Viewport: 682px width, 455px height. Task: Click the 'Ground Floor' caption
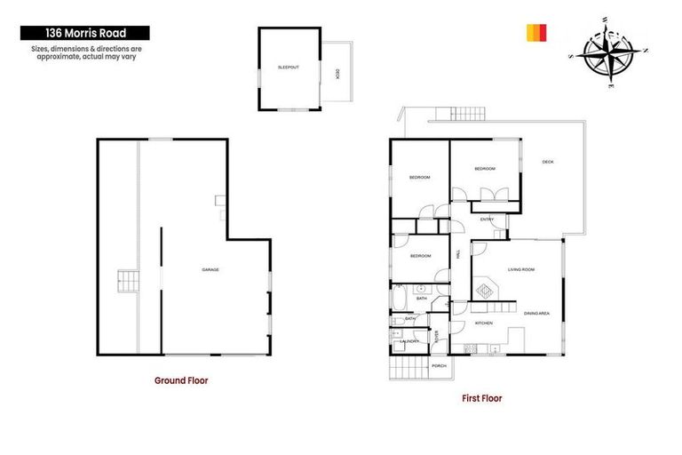tap(181, 379)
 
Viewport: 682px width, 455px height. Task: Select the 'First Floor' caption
tap(481, 398)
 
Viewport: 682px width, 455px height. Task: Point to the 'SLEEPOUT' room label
tap(288, 68)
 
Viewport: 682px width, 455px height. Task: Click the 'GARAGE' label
tap(210, 269)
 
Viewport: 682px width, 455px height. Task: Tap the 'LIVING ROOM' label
tap(520, 268)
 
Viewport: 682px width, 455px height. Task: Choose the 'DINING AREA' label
tap(536, 312)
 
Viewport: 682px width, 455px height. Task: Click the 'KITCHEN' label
tap(484, 323)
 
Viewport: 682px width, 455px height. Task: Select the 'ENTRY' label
tap(487, 220)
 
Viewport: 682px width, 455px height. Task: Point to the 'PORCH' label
tap(439, 365)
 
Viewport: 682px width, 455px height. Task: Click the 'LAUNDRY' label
tap(409, 341)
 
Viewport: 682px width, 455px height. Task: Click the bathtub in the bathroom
tap(399, 296)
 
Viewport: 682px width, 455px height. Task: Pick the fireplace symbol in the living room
tap(486, 288)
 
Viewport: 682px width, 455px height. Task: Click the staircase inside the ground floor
tap(128, 283)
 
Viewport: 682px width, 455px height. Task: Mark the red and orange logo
tap(535, 33)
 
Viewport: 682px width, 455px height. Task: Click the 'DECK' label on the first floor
tap(548, 162)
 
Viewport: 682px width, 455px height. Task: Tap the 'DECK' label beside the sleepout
tap(337, 74)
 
